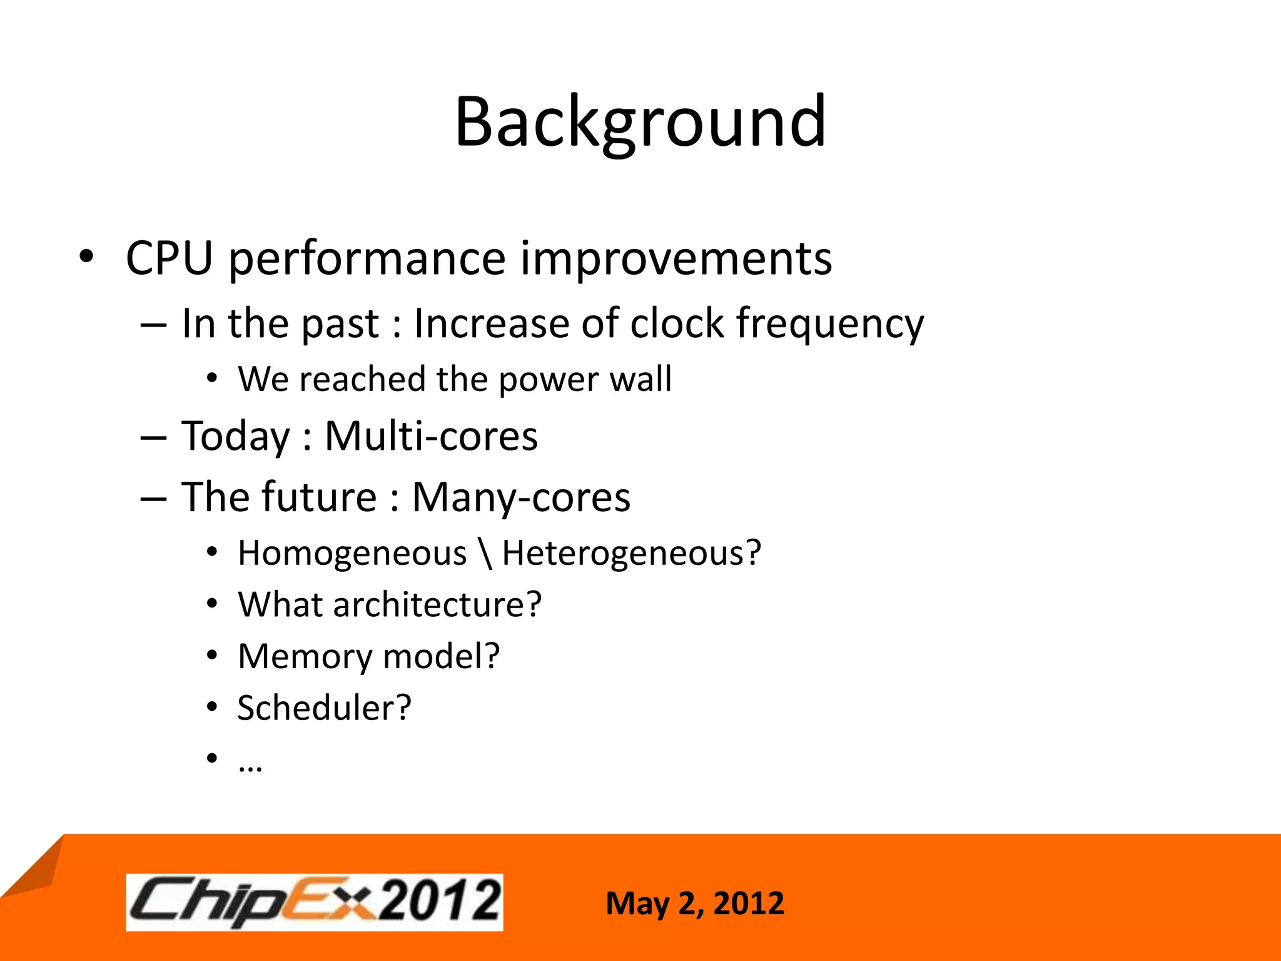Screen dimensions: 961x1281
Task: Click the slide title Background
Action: pos(640,122)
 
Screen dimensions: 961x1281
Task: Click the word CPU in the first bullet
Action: pos(169,258)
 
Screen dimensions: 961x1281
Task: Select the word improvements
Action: pos(676,258)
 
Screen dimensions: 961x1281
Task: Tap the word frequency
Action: pos(829,325)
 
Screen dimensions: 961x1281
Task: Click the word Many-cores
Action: pos(520,498)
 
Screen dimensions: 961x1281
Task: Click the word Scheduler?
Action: pos(324,708)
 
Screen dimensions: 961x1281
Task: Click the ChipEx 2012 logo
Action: pos(314,902)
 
